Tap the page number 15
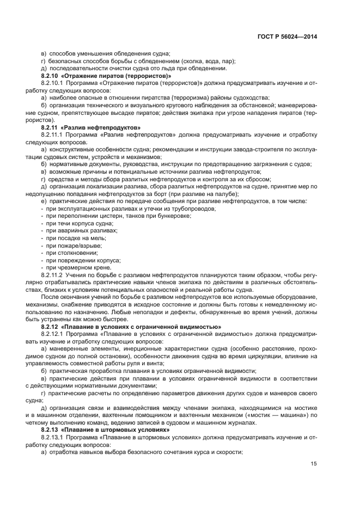pyautogui.click(x=314, y=464)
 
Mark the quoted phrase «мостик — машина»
pyautogui.click(x=272, y=415)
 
